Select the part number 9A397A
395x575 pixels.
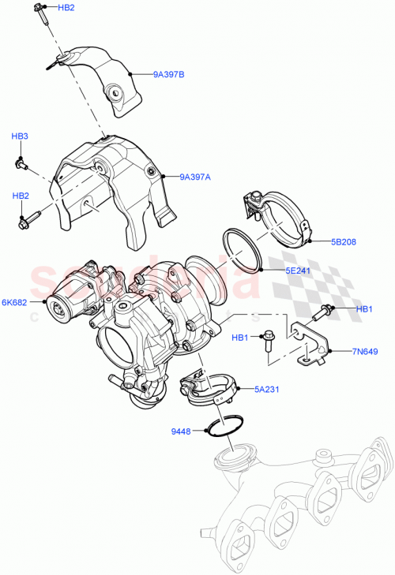(x=194, y=177)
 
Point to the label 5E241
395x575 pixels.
(x=299, y=270)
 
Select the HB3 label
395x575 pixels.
(x=20, y=136)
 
